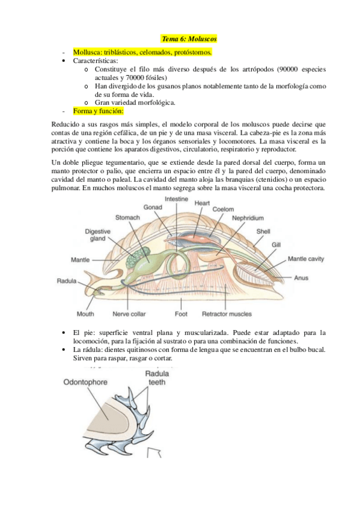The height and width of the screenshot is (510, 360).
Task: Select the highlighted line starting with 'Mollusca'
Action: (142, 52)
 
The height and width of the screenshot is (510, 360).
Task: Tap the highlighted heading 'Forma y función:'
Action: (98, 111)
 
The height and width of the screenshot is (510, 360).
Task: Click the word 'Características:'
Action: (96, 61)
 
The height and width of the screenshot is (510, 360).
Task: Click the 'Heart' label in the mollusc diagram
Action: (202, 203)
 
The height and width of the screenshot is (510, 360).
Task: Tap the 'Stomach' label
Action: (127, 217)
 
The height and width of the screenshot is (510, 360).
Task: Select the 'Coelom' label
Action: (222, 209)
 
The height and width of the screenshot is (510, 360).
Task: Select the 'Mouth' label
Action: (85, 313)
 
